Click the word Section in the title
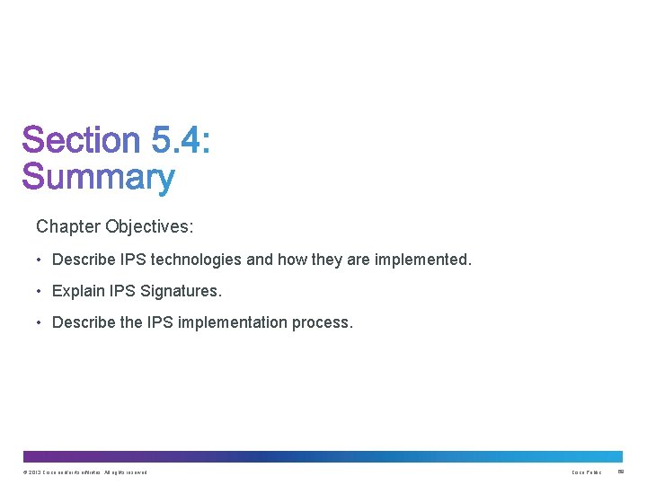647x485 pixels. [x=81, y=141]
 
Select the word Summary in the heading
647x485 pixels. [x=98, y=178]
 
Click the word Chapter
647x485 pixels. [x=68, y=226]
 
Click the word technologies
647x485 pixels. [x=197, y=260]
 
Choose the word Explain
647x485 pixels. [x=77, y=291]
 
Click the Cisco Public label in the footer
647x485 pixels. [x=587, y=472]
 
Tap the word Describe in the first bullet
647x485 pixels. [x=84, y=260]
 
